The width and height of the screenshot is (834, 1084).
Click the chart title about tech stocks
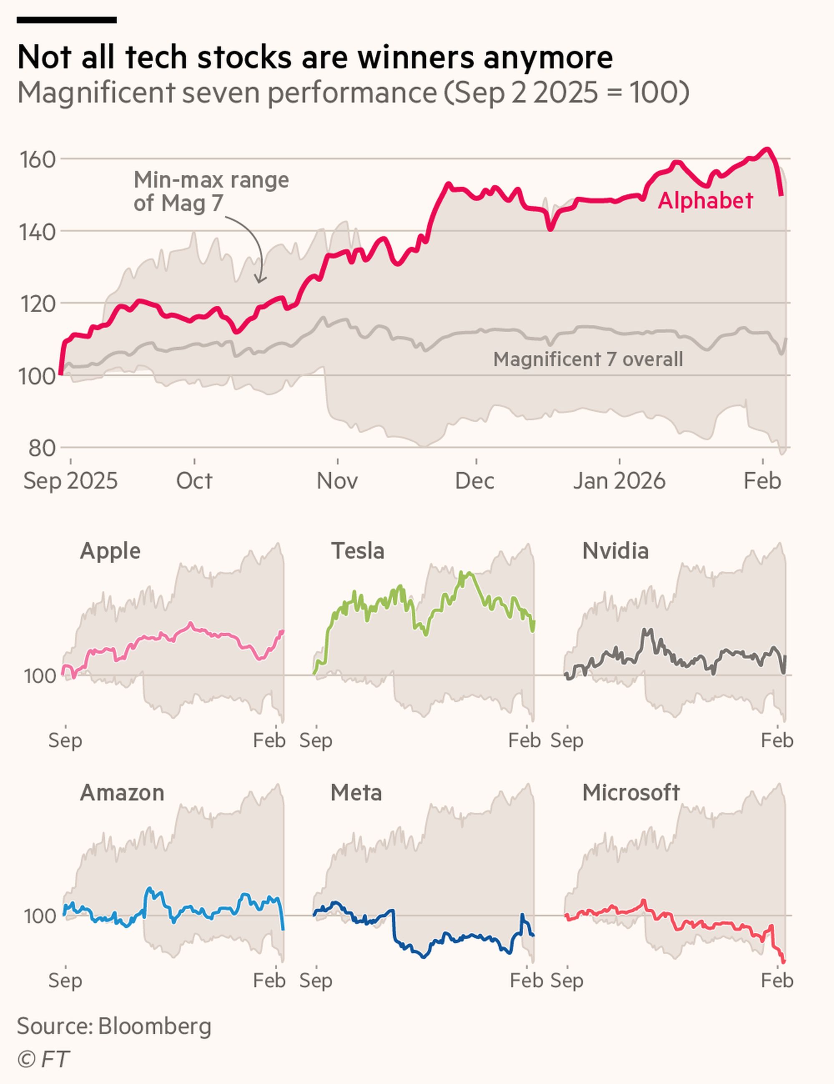pos(315,57)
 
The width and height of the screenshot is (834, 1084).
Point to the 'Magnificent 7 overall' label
pos(588,359)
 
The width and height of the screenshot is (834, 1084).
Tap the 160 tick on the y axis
pos(37,160)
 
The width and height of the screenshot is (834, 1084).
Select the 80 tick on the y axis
pos(42,448)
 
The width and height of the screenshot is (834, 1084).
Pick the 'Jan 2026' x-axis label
pos(619,480)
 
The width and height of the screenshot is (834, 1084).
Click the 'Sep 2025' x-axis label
pos(70,480)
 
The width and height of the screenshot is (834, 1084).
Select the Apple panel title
pos(110,551)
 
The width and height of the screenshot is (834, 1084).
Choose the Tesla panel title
pos(357,551)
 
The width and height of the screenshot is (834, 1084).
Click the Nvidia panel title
pos(615,551)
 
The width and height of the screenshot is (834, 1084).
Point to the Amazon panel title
pos(122,793)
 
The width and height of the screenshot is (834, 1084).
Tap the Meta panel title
pos(356,793)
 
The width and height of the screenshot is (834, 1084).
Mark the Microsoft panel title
pos(631,793)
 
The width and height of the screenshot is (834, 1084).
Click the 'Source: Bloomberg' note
pos(114,1026)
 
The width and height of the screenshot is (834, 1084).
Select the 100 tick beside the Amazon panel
pos(40,916)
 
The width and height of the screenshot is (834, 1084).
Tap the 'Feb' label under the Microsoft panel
pos(777,980)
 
